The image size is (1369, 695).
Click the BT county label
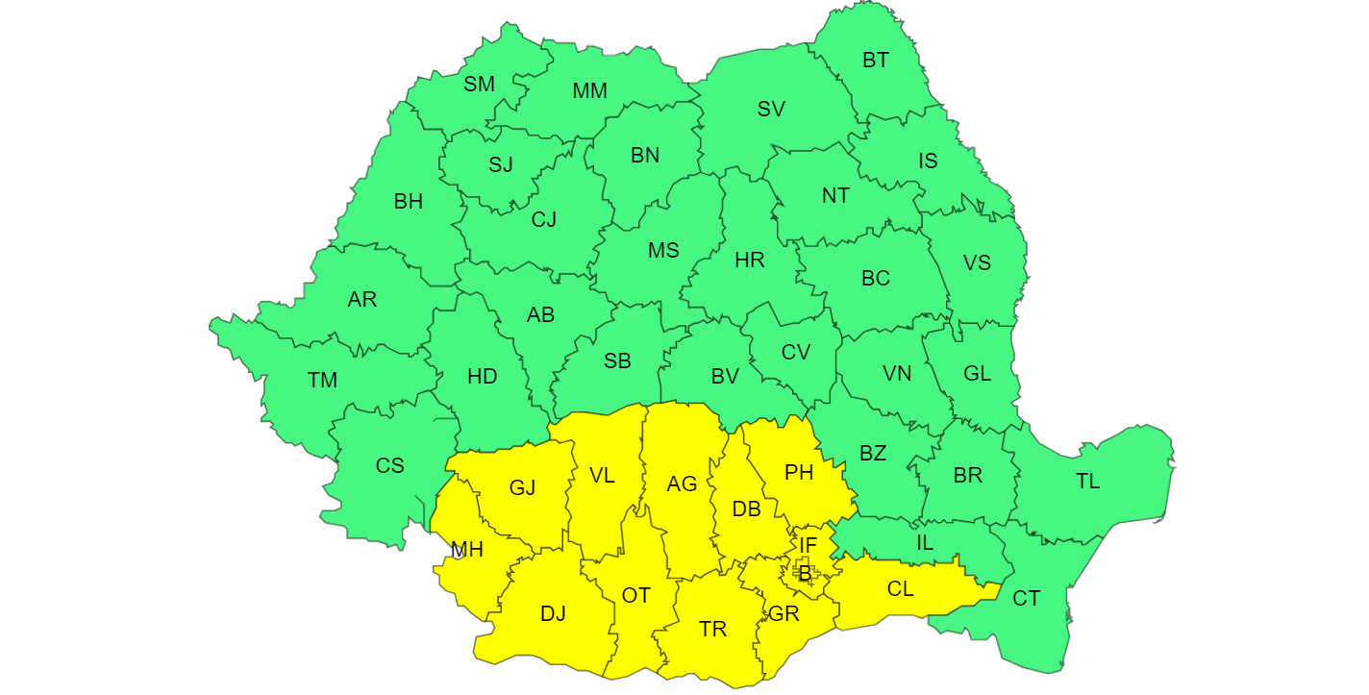point(875,61)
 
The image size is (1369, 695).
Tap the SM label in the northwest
point(479,84)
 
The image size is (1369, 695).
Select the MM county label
point(589,91)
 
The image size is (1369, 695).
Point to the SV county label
point(771,110)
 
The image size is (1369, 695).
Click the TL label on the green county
point(1087,482)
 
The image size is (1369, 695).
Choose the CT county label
point(1026,599)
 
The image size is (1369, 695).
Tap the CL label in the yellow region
point(900,589)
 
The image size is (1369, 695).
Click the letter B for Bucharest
point(805,575)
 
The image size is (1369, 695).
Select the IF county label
point(808,545)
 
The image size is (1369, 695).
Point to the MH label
point(467,550)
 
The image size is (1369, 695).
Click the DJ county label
point(553,613)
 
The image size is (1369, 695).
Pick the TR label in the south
point(712,630)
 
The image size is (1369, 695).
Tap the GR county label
point(784,613)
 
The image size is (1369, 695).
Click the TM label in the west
point(323,381)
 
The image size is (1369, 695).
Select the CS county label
point(389,466)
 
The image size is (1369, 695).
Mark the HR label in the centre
point(749,261)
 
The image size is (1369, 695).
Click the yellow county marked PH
point(799,472)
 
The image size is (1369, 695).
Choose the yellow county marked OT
point(635,596)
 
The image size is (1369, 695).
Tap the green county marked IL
point(924,543)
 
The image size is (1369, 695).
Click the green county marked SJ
point(500,164)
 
